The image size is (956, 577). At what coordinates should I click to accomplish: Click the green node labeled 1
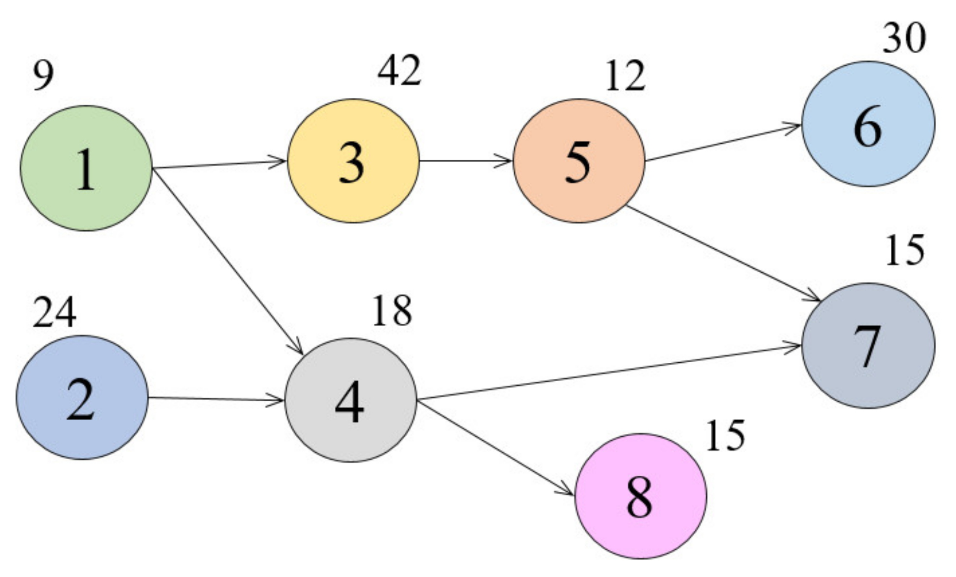click(86, 168)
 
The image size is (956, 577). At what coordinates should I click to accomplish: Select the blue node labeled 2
click(82, 397)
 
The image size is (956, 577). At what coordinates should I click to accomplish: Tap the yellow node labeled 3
click(353, 161)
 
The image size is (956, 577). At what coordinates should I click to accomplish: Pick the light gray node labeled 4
click(350, 400)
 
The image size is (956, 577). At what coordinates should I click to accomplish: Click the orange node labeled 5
click(579, 161)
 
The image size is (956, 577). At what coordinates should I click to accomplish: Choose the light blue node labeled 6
click(868, 124)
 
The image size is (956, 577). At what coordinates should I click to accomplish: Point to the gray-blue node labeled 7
click(868, 345)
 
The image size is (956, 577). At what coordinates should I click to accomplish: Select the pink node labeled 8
click(640, 496)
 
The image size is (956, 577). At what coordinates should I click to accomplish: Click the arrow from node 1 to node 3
click(219, 165)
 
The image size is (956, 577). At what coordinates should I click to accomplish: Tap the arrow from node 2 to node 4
click(216, 399)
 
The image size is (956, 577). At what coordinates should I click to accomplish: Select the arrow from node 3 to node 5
click(466, 160)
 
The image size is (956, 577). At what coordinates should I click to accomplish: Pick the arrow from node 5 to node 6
click(723, 143)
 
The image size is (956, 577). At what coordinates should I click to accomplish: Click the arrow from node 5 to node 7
click(723, 253)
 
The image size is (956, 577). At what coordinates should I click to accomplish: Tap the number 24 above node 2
click(54, 312)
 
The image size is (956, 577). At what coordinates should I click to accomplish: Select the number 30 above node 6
click(903, 38)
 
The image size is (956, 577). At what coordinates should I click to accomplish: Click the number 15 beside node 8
click(725, 436)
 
